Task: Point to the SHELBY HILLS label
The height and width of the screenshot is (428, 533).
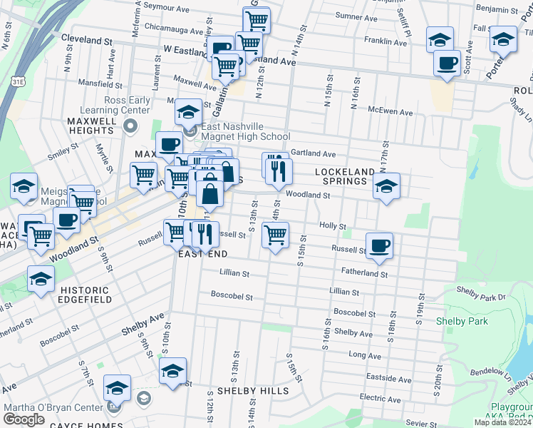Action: point(253,391)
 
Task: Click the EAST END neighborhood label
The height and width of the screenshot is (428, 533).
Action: point(203,254)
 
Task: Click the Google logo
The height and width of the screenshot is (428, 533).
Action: point(24,419)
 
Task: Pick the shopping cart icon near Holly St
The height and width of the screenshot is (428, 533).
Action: point(275,233)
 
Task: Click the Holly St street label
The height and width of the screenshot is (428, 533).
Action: point(332,225)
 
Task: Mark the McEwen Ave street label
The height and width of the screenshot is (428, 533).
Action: point(390,112)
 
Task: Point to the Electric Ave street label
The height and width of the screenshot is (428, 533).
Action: point(381,397)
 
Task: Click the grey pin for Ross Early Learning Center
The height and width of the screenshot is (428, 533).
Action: point(130,127)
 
